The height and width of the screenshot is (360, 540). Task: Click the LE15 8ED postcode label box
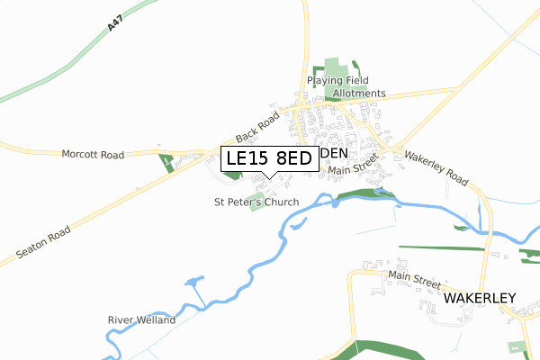pyautogui.click(x=269, y=158)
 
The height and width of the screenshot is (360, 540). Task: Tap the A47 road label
pyautogui.click(x=113, y=22)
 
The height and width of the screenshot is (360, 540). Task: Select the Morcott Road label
pyautogui.click(x=93, y=155)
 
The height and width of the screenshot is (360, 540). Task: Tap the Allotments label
pyautogui.click(x=359, y=94)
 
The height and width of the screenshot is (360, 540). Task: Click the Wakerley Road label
pyautogui.click(x=436, y=167)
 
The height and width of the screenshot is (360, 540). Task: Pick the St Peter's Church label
pyautogui.click(x=256, y=202)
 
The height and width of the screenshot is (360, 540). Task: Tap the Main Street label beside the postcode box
pyautogui.click(x=351, y=169)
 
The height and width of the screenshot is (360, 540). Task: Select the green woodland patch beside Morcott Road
pyautogui.click(x=167, y=163)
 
